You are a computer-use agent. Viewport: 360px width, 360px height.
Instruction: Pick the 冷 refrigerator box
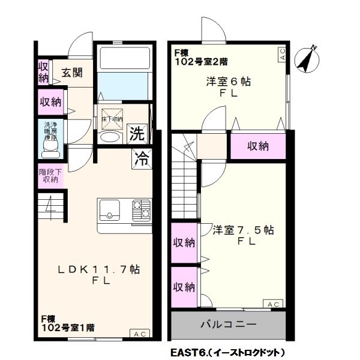[142, 159]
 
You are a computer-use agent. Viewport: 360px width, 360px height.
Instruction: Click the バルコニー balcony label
[228, 325]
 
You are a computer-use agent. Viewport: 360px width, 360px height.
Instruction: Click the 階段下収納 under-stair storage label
[48, 175]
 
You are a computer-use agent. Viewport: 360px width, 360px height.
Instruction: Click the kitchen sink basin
[109, 210]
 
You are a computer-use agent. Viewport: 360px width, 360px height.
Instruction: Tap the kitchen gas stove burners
[142, 210]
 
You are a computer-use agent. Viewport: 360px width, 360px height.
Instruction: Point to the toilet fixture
[47, 147]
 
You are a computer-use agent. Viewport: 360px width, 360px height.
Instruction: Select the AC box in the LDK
[139, 334]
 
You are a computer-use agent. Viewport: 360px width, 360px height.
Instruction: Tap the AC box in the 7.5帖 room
[274, 304]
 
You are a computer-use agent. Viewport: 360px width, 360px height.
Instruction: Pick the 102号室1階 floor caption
[67, 328]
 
